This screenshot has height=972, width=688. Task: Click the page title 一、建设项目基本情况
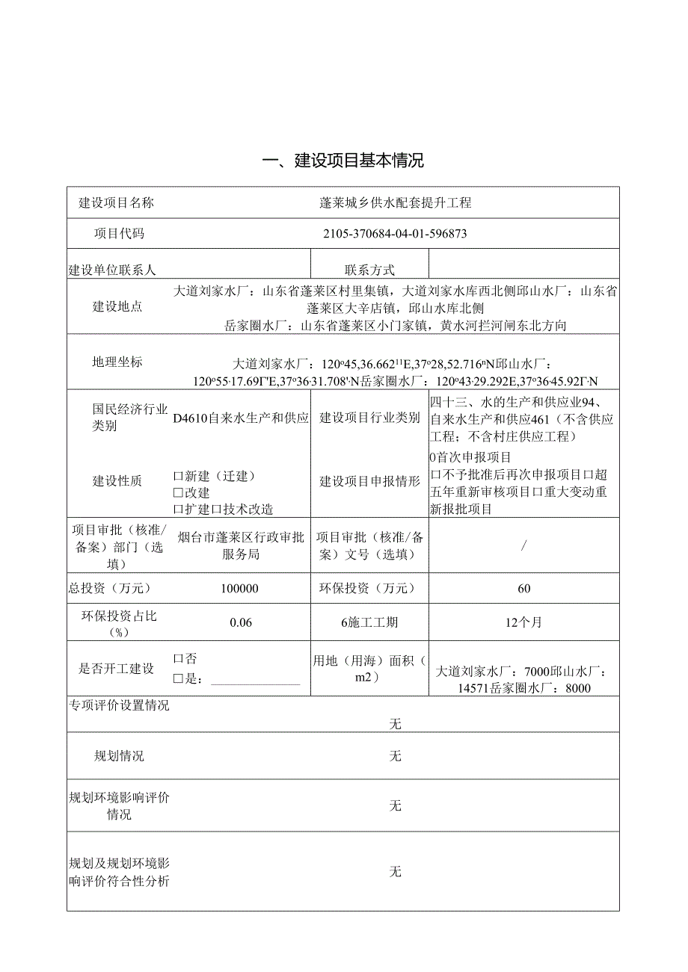tap(343, 161)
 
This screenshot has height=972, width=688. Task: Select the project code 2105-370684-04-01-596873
tap(395, 233)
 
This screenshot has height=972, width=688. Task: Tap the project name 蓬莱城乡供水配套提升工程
tap(395, 202)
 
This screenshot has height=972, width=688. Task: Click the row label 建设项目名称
tap(117, 202)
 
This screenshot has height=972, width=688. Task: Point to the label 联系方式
tap(369, 270)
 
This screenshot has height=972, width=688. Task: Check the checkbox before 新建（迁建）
tap(178, 476)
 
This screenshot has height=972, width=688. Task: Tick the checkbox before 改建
tap(178, 492)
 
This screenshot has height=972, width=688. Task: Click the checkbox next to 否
tap(178, 659)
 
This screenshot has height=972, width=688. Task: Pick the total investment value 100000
tap(240, 589)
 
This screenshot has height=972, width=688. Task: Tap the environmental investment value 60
tap(523, 589)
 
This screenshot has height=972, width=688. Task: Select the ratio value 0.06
tap(241, 622)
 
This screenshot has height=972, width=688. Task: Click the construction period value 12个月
tap(523, 622)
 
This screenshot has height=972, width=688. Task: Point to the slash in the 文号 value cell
tap(524, 545)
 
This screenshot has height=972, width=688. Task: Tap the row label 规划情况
tap(119, 756)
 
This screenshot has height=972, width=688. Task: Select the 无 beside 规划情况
tap(396, 756)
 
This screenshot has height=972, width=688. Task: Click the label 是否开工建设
tap(117, 669)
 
